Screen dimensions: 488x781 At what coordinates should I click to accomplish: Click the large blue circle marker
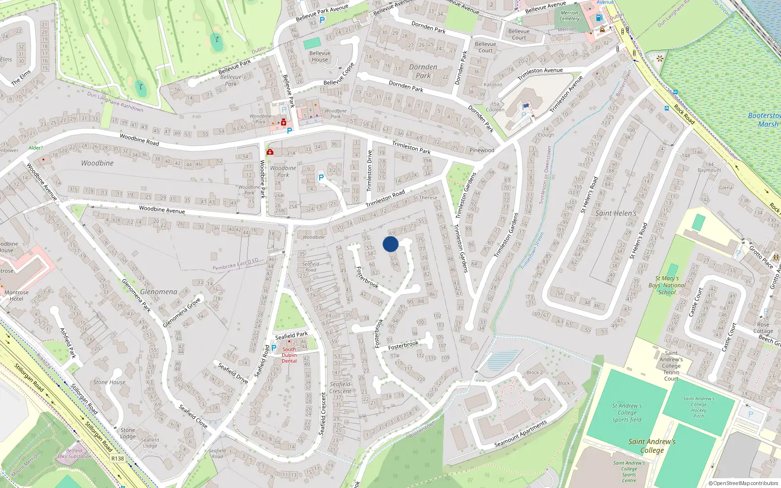(390, 244)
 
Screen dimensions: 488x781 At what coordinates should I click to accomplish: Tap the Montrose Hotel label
(16, 296)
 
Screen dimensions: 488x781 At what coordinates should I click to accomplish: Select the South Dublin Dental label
(289, 355)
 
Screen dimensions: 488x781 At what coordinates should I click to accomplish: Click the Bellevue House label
(320, 57)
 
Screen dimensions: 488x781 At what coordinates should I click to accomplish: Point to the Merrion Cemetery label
(569, 16)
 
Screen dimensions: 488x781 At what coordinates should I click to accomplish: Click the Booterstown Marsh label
(765, 120)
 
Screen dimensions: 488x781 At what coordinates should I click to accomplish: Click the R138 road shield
(118, 458)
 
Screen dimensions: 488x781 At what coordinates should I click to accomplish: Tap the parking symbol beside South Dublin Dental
(274, 348)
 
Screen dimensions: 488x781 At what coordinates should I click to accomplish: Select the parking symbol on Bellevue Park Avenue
(322, 20)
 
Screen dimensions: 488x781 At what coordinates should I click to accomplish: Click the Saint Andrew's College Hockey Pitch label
(699, 407)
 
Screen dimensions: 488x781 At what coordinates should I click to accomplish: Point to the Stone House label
(109, 382)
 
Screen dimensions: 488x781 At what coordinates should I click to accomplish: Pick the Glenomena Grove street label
(182, 312)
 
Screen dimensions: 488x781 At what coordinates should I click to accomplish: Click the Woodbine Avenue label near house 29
(162, 210)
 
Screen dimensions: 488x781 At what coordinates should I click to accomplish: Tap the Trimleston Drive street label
(370, 170)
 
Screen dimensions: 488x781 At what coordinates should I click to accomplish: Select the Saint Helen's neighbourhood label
(616, 213)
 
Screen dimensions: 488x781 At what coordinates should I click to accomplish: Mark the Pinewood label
(482, 150)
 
